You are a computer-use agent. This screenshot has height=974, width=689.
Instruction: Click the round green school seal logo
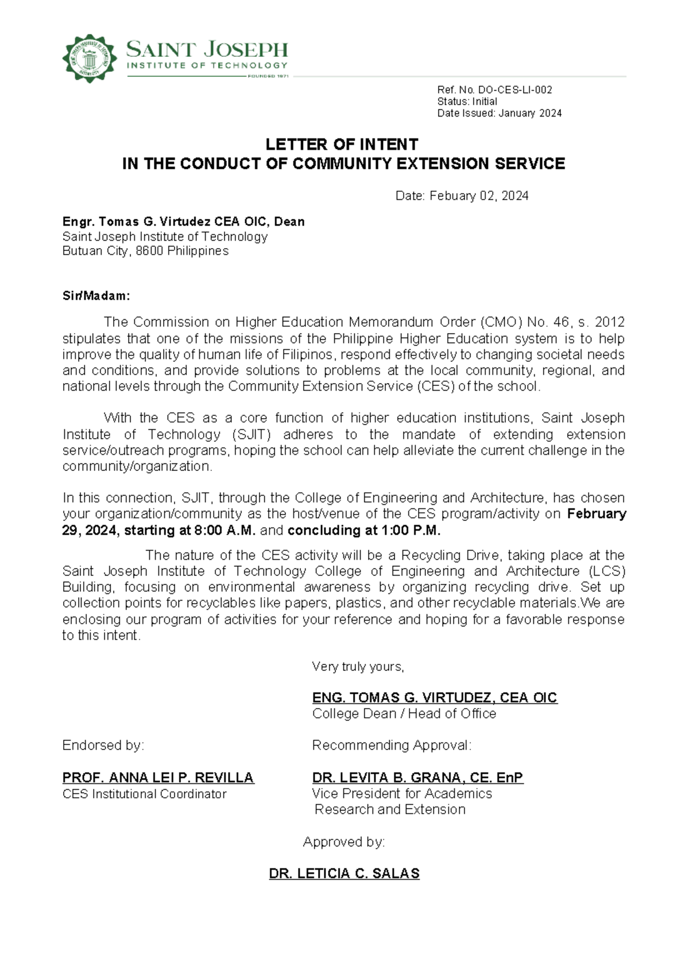(89, 58)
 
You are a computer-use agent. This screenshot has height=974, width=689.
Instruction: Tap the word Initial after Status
(485, 102)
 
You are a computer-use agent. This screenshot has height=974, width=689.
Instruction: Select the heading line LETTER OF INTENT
(342, 144)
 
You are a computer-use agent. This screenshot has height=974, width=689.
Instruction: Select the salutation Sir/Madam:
(96, 296)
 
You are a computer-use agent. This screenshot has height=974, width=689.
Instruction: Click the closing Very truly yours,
(358, 667)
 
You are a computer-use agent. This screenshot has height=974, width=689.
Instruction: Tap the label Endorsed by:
(103, 745)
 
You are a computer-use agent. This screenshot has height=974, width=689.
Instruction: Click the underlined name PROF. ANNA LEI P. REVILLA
(158, 778)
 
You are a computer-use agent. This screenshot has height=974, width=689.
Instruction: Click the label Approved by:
(344, 842)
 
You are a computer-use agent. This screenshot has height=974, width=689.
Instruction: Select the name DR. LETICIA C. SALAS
(344, 874)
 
